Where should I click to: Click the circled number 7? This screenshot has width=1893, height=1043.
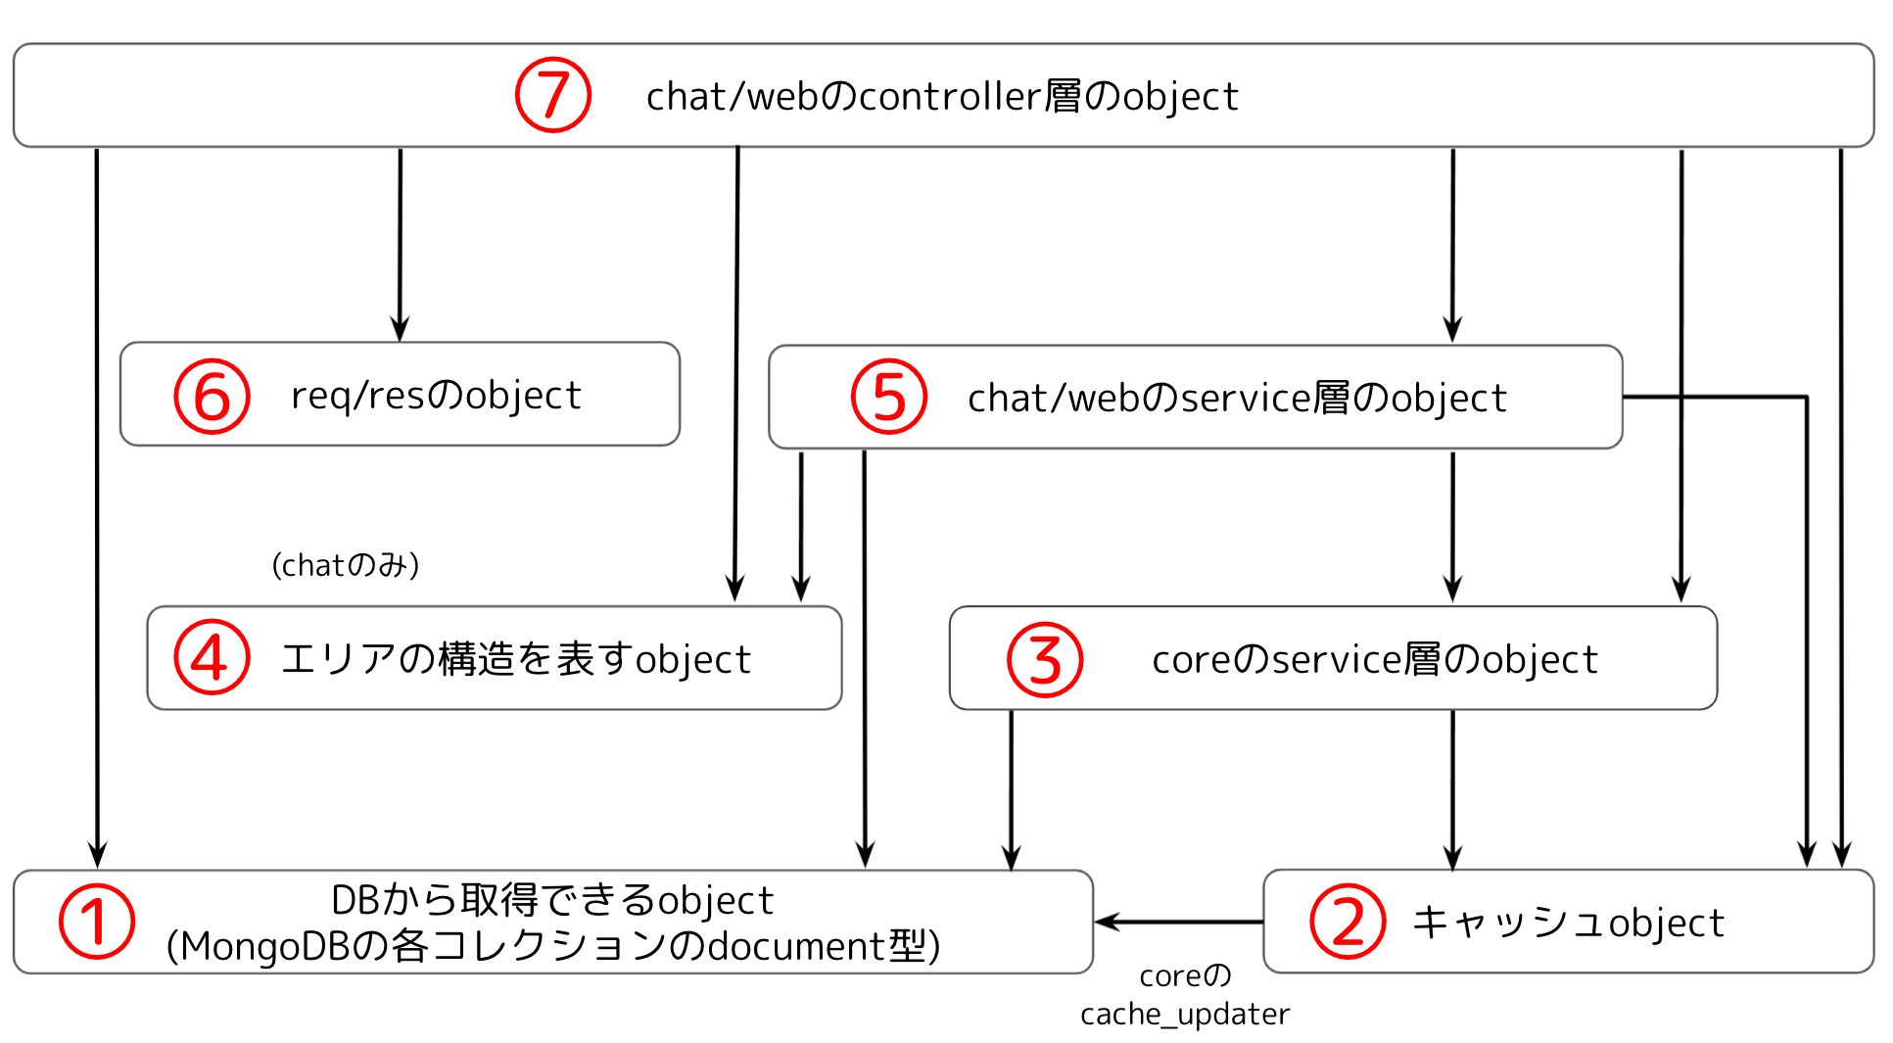point(553,95)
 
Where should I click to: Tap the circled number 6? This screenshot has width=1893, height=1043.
point(212,397)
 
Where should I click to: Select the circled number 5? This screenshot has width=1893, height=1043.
point(888,397)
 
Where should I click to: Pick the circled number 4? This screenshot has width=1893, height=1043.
point(212,657)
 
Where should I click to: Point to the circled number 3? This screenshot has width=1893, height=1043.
point(1045,659)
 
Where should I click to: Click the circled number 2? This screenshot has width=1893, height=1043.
point(1348,921)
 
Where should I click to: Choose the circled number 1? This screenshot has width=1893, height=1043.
point(96,921)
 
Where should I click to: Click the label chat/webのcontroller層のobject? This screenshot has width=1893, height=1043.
point(942,96)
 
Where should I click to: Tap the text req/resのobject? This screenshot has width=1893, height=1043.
point(436,396)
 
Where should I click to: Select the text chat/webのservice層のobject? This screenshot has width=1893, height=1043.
point(1236,398)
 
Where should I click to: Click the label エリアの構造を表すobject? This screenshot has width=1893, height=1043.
point(515,659)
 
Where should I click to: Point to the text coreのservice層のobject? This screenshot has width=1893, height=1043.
point(1374,659)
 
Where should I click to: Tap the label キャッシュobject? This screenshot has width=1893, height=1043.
point(1567,923)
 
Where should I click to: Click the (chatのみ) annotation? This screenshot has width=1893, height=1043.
point(346,565)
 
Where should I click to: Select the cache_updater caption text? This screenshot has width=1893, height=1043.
point(1185,1014)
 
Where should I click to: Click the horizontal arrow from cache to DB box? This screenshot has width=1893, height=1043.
point(1180,922)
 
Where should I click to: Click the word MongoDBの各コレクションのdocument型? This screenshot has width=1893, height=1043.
point(553,946)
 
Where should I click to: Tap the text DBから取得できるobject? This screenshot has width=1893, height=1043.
point(553,900)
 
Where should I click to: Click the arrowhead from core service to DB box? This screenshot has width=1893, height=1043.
point(1012,857)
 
